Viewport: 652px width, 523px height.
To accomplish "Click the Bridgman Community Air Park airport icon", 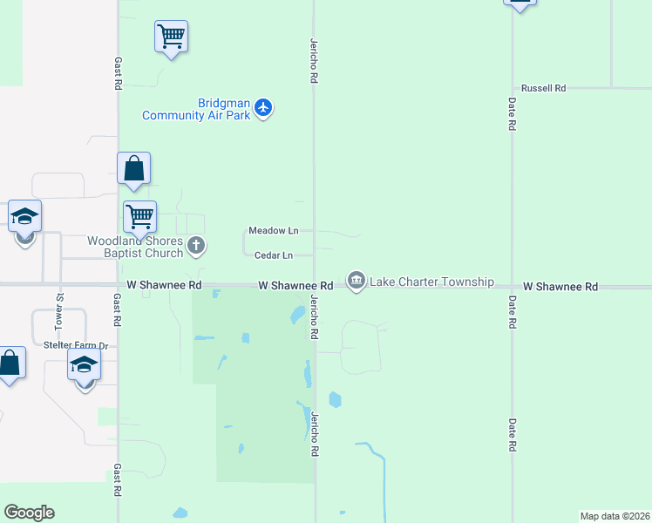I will tap(264, 109).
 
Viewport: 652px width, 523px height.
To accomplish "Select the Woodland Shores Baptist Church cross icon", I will tap(196, 246).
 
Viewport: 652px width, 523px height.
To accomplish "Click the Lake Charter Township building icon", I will tap(356, 281).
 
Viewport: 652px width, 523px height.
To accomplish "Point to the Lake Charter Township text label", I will tap(431, 282).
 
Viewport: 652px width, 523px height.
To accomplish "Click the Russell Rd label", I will tap(543, 89).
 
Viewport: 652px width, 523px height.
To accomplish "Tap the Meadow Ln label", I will tap(273, 231).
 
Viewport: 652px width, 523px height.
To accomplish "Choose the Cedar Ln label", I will tap(273, 255).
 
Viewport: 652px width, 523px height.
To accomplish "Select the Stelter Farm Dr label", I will tap(76, 346).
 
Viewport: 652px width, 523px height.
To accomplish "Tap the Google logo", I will tap(29, 513).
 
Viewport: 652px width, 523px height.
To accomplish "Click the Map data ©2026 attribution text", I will tap(615, 516).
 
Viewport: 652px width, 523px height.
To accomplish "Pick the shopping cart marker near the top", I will tap(172, 37).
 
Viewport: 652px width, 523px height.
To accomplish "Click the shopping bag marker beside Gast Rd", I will tap(133, 168).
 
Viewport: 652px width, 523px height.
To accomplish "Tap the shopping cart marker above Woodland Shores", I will tap(139, 217).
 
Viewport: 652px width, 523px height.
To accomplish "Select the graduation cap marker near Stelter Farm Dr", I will tap(85, 366).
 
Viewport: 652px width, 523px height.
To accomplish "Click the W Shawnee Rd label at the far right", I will tap(560, 287).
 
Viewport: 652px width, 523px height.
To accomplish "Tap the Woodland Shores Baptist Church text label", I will tap(135, 247).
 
